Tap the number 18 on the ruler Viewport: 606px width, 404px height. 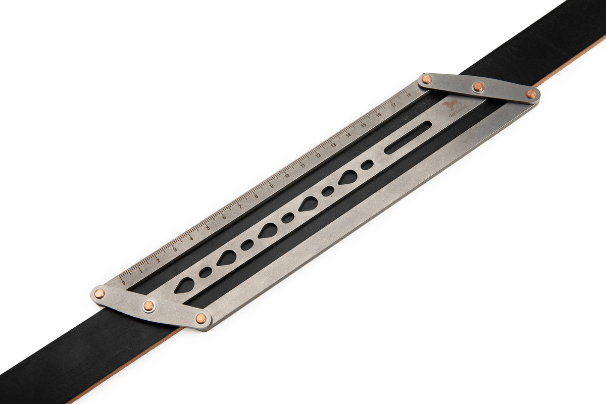[x=408, y=93]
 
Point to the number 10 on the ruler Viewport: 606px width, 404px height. [x=287, y=176]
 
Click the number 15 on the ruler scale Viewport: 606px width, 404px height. [x=363, y=124]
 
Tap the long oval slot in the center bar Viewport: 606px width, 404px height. [x=408, y=137]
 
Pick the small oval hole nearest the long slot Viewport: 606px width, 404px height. [x=367, y=165]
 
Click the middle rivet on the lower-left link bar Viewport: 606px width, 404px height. [x=148, y=306]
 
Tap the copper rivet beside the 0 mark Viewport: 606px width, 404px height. [x=99, y=293]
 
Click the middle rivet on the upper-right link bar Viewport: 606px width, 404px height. [x=478, y=87]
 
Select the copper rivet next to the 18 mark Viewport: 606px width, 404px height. [x=427, y=79]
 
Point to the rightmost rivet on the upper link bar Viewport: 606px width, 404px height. [x=531, y=94]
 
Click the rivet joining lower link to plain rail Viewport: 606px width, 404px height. [x=201, y=318]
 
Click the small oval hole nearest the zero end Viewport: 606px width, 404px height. [x=206, y=272]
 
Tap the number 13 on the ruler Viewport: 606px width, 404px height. [x=333, y=144]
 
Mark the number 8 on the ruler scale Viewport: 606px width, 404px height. [x=256, y=196]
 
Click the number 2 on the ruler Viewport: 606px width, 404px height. [x=158, y=260]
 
